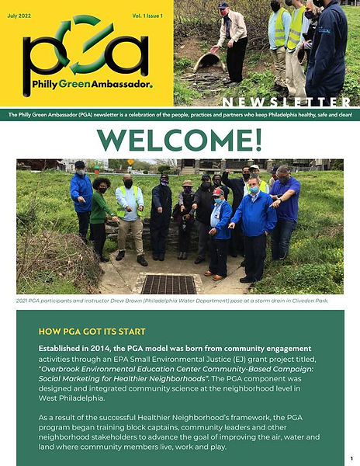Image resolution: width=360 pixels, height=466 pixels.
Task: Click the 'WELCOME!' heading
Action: (179, 139)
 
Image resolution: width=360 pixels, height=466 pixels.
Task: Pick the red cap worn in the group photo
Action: (219, 192)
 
